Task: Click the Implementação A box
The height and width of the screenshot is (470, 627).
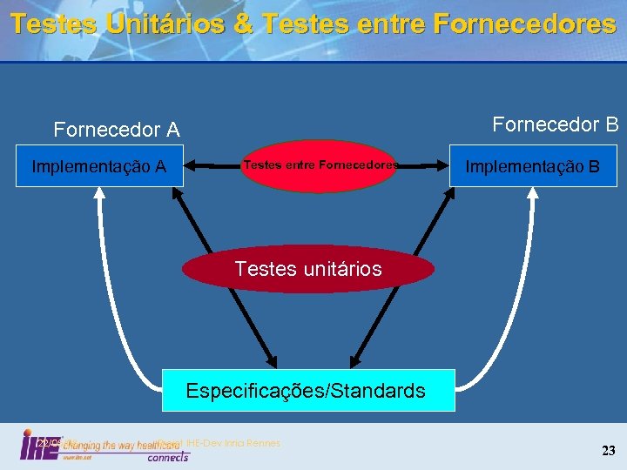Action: point(98,166)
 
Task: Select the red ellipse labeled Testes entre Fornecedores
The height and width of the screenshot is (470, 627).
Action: point(320,165)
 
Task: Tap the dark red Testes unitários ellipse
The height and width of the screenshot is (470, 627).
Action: point(308,269)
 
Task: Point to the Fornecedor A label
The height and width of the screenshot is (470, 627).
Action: point(117,131)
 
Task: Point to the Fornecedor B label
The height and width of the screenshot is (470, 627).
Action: point(556,124)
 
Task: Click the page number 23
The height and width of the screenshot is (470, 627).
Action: point(608,450)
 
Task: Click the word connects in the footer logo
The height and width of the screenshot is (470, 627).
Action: point(167,457)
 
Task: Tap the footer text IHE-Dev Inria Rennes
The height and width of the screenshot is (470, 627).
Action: point(233,443)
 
